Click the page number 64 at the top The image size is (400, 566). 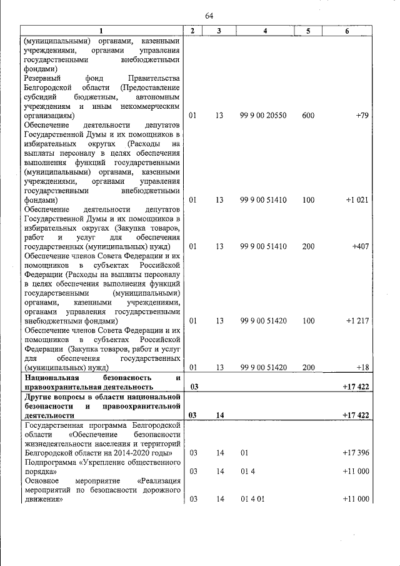[209, 16]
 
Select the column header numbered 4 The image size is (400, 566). [266, 31]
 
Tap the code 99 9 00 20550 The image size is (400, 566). [263, 116]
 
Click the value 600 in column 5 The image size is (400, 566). [308, 116]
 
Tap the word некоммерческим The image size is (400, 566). [148, 106]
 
